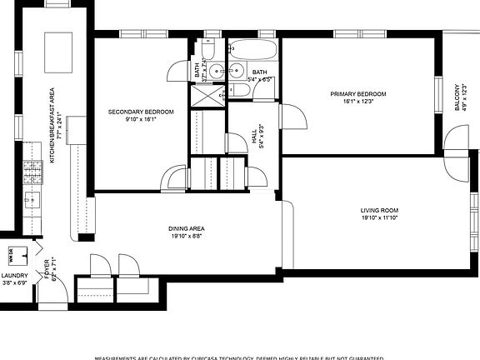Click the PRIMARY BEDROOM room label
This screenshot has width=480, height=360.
pyautogui.click(x=357, y=94)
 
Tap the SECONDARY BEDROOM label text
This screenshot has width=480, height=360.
pyautogui.click(x=141, y=112)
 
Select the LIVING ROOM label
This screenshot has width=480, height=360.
pyautogui.click(x=379, y=210)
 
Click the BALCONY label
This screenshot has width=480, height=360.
pyautogui.click(x=457, y=97)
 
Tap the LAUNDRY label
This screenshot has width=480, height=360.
pyautogui.click(x=14, y=275)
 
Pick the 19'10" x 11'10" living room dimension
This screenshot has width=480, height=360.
pyautogui.click(x=379, y=218)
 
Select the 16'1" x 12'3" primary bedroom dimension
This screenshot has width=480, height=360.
pyautogui.click(x=357, y=102)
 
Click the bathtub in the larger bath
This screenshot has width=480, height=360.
pyautogui.click(x=251, y=49)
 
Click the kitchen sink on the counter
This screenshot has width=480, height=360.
pyautogui.click(x=32, y=200)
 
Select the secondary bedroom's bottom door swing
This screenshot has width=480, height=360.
pyautogui.click(x=175, y=178)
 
